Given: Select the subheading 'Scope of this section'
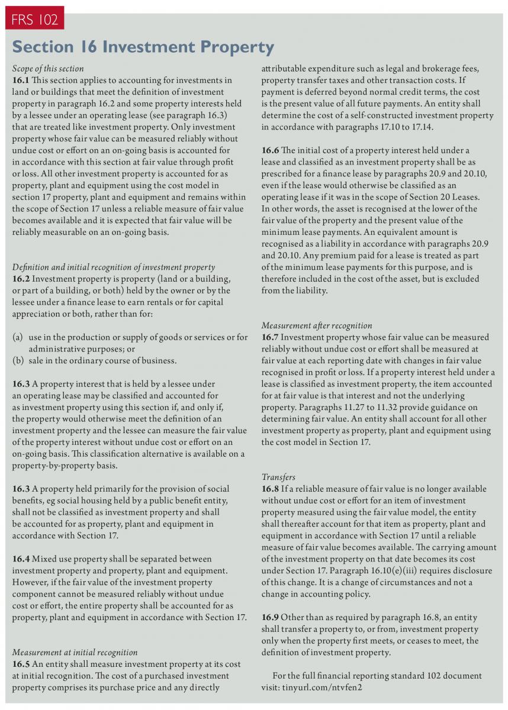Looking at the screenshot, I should [x=48, y=69].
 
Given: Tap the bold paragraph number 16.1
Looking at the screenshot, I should [x=21, y=80].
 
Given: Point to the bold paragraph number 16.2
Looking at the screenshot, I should [x=21, y=279].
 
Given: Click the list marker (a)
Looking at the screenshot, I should [x=18, y=337].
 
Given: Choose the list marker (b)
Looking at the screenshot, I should [x=18, y=360].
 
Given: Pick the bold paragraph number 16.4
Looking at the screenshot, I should [x=21, y=559].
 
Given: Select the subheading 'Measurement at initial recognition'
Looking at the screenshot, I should [x=75, y=652].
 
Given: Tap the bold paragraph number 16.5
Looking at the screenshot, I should [x=21, y=664].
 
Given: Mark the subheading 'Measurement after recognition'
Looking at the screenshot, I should [x=317, y=325].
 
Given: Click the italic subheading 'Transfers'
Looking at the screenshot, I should [x=278, y=477].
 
